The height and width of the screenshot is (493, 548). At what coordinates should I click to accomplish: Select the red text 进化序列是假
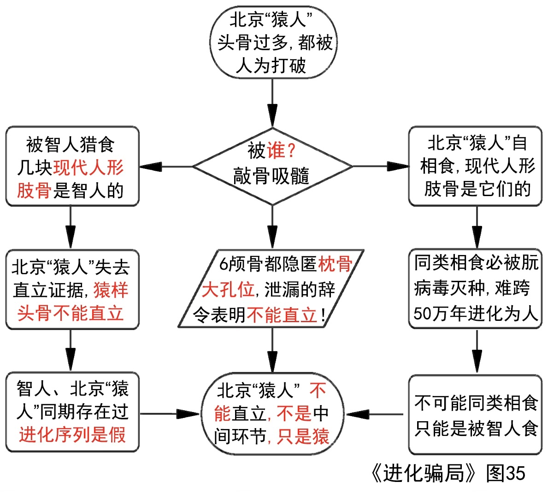click(72, 435)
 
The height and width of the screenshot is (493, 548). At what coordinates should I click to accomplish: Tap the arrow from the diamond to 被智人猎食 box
click(166, 166)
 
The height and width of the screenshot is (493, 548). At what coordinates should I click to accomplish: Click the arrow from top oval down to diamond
click(272, 104)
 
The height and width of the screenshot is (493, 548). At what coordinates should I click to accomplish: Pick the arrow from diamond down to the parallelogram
click(272, 228)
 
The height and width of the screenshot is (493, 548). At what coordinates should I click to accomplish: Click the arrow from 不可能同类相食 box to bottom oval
click(376, 414)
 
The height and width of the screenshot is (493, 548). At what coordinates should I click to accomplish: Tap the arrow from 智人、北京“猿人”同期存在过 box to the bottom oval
click(171, 414)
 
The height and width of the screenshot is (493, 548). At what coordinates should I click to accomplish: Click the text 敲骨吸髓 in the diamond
click(271, 176)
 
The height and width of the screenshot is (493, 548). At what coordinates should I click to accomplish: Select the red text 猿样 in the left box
click(111, 290)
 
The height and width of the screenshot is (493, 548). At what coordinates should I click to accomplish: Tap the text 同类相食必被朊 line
click(476, 263)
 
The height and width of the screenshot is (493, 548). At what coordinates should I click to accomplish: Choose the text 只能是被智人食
click(476, 428)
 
